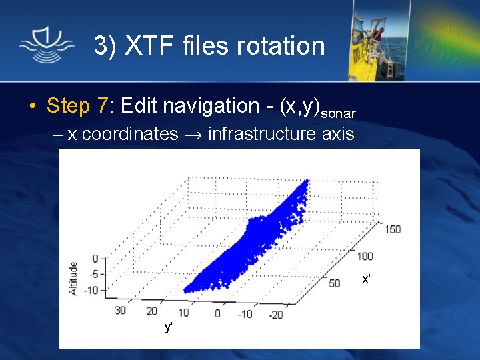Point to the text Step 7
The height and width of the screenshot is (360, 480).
click(77, 105)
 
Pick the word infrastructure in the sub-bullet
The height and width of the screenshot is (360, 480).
click(261, 134)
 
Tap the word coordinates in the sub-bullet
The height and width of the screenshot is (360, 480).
click(130, 134)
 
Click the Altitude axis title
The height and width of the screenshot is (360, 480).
click(73, 278)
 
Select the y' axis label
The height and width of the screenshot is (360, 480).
click(169, 327)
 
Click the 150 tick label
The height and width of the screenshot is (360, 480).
click(392, 229)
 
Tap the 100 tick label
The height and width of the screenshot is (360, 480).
click(365, 256)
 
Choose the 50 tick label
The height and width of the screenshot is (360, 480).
click(334, 283)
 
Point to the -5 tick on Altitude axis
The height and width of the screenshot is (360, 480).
click(94, 273)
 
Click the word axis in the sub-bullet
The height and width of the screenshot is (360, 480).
click(337, 134)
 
